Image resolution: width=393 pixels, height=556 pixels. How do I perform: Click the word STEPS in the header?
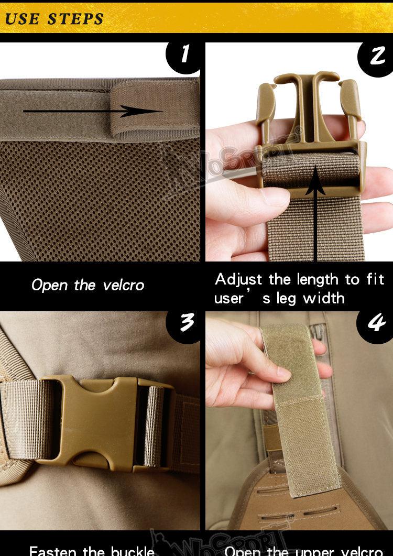(x=76, y=19)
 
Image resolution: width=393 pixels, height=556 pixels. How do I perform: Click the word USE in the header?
(x=22, y=19)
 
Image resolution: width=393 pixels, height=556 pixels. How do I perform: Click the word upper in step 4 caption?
(x=315, y=551)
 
